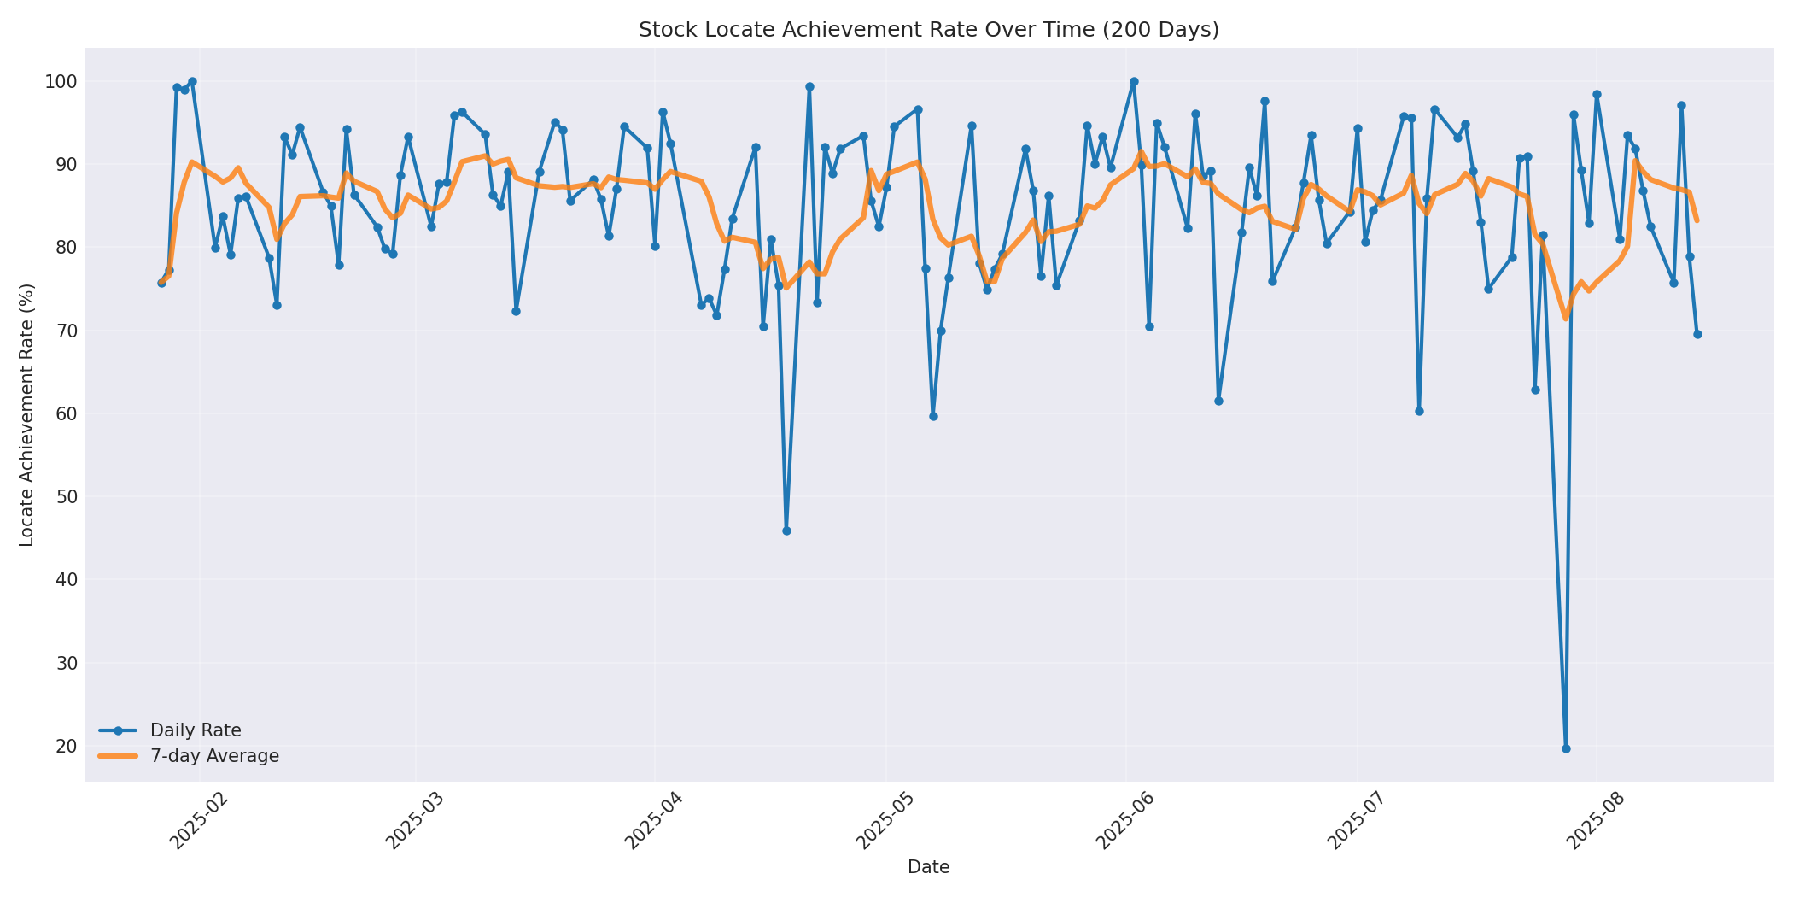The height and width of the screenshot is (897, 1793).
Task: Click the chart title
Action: coord(928,30)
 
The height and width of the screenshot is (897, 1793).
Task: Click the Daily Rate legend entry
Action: coord(195,730)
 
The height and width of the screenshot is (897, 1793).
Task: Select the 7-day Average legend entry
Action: coord(213,756)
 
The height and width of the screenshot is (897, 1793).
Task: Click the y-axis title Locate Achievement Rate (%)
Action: coord(27,414)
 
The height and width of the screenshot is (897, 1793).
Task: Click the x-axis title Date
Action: coord(928,868)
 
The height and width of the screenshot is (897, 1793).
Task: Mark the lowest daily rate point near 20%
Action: coord(1566,748)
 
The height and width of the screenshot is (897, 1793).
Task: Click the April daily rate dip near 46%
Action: coord(786,531)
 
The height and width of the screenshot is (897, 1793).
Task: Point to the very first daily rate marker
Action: coord(161,283)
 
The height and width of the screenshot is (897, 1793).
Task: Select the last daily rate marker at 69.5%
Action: coord(1697,334)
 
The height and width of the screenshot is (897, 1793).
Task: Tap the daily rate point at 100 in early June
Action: coord(1134,82)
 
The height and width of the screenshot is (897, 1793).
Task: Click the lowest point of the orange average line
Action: coord(1566,319)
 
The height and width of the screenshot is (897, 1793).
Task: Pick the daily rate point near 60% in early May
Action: coord(933,416)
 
